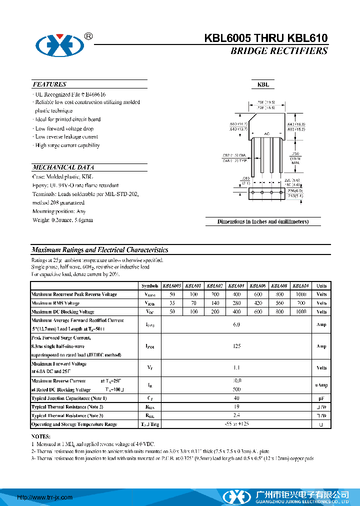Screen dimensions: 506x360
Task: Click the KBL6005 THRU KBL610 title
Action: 266,38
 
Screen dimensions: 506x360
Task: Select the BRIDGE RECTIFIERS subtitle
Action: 279,51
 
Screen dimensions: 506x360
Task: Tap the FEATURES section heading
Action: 49,84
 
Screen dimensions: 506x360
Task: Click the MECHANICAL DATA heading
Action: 63,167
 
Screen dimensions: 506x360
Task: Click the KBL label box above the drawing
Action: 263,85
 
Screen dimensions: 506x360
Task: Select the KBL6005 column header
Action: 172,285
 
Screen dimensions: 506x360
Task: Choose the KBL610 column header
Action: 300,285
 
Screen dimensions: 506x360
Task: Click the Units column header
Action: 321,285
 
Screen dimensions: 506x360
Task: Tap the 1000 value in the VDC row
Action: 300,311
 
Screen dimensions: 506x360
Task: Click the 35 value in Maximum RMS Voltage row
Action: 172,303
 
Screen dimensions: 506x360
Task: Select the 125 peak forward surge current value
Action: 236,346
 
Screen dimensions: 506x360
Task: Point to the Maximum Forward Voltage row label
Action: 59,363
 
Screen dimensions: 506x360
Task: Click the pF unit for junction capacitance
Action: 321,398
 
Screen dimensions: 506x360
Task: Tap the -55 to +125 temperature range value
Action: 236,424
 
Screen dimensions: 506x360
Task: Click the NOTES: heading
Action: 41,436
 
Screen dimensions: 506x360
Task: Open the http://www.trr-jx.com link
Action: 45,497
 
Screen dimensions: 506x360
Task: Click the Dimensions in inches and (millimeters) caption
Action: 263,221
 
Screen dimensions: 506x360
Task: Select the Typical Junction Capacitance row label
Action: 69,398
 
